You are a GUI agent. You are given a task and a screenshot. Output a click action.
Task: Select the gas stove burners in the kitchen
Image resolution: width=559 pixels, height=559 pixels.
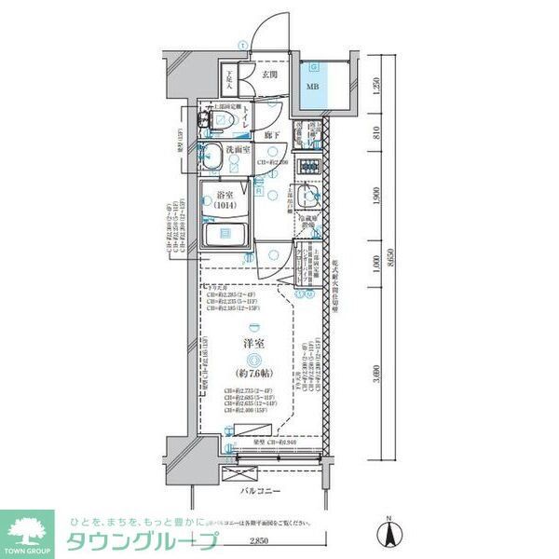307,169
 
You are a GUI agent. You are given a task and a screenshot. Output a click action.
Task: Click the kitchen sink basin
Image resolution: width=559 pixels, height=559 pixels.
310,198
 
